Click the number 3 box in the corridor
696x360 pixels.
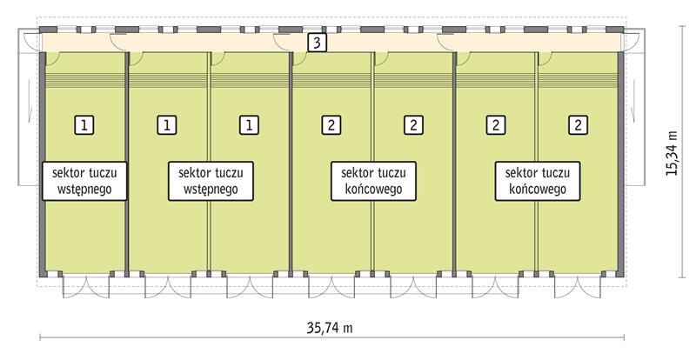click(318, 43)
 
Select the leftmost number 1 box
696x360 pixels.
click(84, 124)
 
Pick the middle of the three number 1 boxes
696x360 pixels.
click(166, 124)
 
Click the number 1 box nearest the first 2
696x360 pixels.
click(249, 124)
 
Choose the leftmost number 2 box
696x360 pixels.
click(331, 124)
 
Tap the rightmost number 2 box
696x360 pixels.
click(577, 124)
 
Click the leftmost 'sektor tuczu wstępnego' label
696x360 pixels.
click(85, 179)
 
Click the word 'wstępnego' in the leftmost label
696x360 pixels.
click(85, 188)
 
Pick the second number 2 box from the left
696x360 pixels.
click(412, 124)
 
